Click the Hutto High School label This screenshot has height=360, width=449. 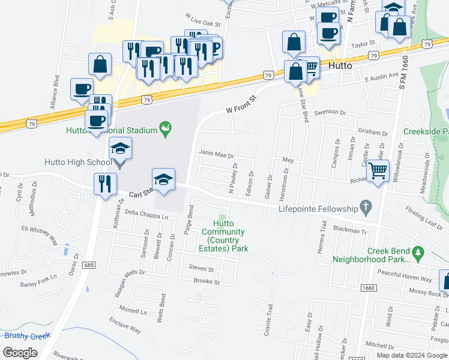tap(78, 162)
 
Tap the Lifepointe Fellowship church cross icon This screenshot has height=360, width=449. tap(364, 208)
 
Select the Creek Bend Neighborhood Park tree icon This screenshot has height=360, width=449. tap(420, 251)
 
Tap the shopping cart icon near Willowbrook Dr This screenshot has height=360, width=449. tap(378, 170)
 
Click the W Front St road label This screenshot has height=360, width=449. tap(241, 102)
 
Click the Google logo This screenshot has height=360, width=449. tap(20, 353)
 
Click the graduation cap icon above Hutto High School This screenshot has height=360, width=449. tap(120, 149)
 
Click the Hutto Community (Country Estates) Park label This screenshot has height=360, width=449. tap(223, 240)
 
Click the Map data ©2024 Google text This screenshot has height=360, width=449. tap(411, 355)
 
